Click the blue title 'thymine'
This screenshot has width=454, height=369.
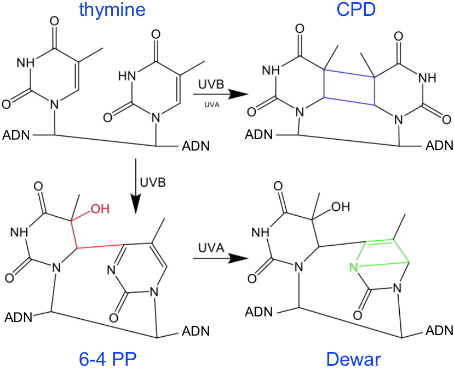[112, 9]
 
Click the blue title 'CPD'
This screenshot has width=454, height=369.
[356, 9]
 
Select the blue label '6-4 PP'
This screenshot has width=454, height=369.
[107, 359]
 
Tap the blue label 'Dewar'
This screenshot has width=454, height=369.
[354, 359]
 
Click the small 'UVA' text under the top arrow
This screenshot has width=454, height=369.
[212, 105]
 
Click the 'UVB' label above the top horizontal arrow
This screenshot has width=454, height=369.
[211, 84]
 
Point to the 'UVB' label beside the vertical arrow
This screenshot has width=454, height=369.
[153, 183]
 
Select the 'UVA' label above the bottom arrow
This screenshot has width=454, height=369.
[211, 248]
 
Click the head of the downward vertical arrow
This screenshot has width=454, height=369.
[135, 204]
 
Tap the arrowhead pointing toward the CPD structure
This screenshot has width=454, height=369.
[238, 94]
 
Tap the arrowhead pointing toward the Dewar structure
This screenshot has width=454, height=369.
[238, 258]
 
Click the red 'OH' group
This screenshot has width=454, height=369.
[100, 209]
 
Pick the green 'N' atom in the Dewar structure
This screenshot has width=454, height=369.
[354, 267]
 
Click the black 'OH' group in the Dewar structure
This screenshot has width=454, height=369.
[341, 207]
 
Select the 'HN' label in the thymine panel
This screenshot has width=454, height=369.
[127, 76]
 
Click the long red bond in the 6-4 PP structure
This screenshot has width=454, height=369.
[101, 246]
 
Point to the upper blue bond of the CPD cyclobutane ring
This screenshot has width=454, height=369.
[349, 73]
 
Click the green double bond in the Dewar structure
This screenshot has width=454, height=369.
[379, 242]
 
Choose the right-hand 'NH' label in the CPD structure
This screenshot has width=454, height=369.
[427, 77]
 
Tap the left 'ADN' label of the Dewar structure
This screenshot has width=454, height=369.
[259, 312]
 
